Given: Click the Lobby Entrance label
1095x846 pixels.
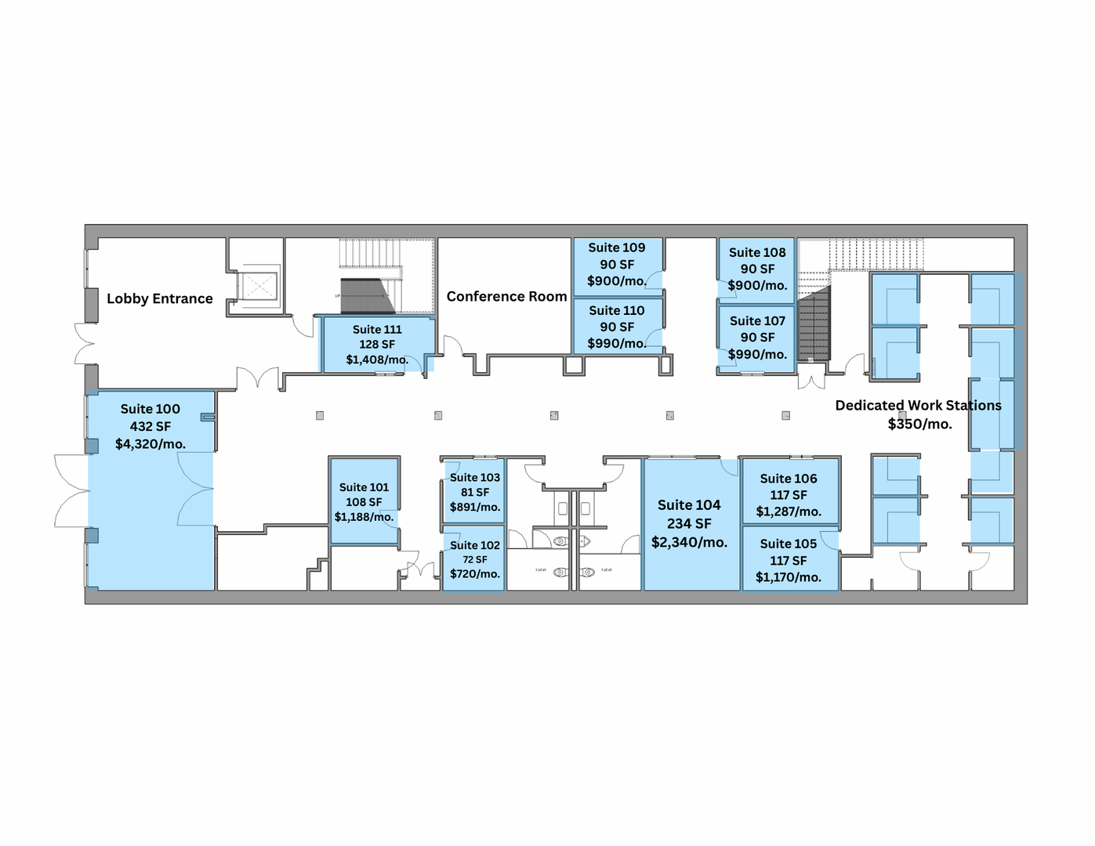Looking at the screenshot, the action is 159,298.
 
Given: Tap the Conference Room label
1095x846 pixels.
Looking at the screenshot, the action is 506,297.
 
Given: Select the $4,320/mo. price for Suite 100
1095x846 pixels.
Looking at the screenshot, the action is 150,443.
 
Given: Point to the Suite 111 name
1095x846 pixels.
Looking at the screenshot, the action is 377,329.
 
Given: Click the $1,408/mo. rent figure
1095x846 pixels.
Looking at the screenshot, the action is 377,360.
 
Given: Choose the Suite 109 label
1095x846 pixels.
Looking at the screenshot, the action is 616,248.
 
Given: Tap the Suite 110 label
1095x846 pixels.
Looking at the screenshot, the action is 616,311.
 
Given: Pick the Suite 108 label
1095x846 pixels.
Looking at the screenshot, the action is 757,252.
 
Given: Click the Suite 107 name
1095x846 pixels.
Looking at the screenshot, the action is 757,321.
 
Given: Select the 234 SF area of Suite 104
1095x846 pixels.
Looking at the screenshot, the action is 689,524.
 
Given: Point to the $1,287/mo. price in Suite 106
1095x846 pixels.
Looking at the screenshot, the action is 788,512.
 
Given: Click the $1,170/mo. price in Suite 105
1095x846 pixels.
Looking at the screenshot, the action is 788,577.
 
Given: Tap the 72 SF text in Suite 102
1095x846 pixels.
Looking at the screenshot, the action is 475,559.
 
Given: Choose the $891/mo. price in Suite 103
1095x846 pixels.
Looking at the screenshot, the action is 475,507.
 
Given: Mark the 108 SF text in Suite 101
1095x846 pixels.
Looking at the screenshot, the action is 364,502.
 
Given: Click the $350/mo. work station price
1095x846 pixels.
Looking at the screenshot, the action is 919,424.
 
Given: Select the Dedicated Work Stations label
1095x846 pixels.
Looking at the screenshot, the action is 918,406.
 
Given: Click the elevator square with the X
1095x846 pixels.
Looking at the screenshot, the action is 258,287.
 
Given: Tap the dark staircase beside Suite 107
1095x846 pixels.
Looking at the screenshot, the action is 814,324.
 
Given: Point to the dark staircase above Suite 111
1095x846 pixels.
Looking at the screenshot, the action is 365,296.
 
